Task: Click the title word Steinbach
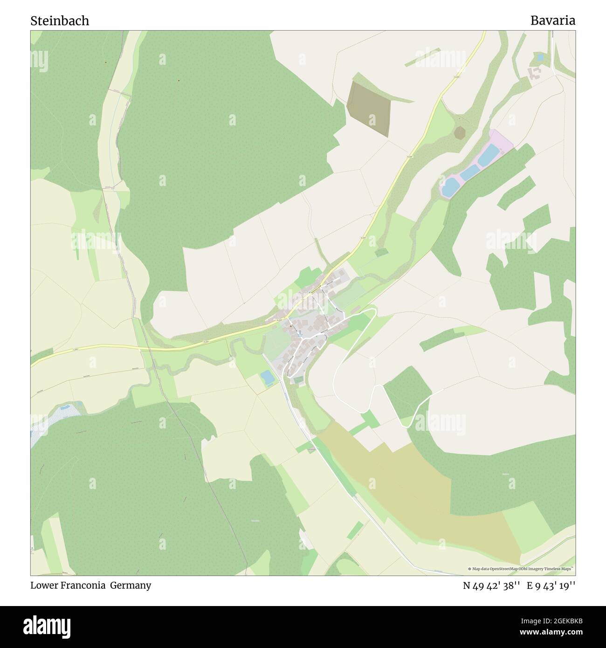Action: click(x=60, y=21)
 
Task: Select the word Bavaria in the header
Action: click(x=552, y=21)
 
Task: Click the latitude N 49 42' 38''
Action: click(x=491, y=586)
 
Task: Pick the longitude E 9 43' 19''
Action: click(x=551, y=586)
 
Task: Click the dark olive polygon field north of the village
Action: click(x=369, y=108)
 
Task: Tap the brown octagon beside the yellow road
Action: click(x=461, y=132)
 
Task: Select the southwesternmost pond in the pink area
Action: click(x=450, y=186)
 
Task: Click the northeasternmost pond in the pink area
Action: click(x=488, y=154)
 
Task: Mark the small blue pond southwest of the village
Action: click(x=268, y=378)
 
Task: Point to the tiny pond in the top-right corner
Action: click(x=540, y=58)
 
